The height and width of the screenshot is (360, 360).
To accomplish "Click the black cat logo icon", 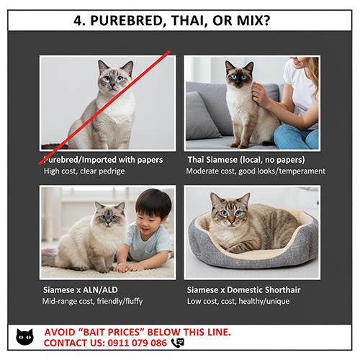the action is point(24,337).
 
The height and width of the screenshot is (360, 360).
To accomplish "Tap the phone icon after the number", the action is point(178,343).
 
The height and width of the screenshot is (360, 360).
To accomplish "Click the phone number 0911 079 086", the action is point(138,343).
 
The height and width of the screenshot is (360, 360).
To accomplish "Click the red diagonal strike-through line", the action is point(104,107).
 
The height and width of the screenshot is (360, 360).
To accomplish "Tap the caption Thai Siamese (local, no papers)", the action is point(246,160).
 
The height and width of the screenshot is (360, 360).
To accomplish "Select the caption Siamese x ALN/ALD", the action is point(81,290).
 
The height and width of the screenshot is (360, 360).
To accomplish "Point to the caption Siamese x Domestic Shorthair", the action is point(243,290).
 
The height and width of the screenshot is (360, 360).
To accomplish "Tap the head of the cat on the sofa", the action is point(239,74).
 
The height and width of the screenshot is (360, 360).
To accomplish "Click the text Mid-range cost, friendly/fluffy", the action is point(92,301).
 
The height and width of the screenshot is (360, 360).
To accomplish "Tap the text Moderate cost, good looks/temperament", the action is point(256,171).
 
